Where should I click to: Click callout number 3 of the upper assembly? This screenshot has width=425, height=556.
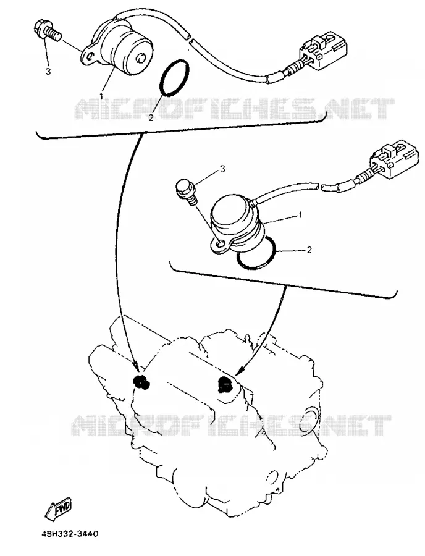[48, 71]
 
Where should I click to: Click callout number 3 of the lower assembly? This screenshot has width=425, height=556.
[222, 169]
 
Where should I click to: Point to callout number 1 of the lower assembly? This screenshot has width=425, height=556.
[300, 215]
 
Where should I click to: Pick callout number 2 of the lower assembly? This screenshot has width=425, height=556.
[309, 250]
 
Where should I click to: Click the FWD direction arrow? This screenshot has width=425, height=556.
[58, 509]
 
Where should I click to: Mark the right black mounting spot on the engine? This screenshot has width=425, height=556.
[225, 385]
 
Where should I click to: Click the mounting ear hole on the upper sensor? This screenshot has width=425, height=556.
[90, 56]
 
